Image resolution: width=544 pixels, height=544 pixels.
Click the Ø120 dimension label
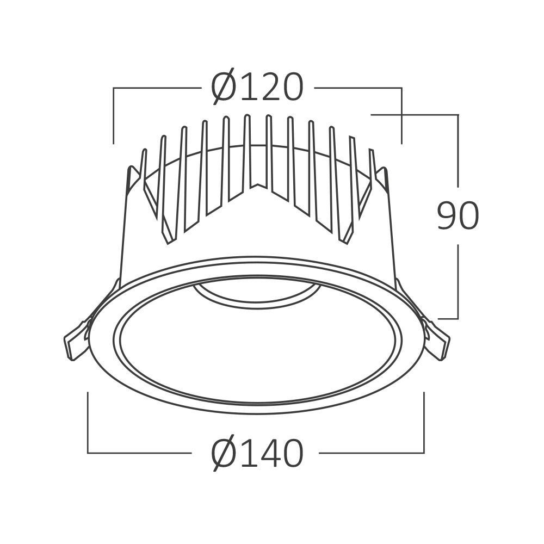(257, 88)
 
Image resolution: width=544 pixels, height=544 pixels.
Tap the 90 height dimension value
(458, 216)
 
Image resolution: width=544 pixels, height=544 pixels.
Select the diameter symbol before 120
(224, 88)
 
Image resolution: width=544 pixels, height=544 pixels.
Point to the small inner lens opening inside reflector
(256, 294)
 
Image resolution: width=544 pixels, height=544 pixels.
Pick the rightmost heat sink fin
(373, 169)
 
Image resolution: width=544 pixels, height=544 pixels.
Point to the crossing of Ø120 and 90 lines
(401, 115)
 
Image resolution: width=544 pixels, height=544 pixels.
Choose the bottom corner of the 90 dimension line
(458, 318)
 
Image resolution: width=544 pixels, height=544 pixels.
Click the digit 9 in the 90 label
(447, 216)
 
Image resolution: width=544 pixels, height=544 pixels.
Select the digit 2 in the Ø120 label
(264, 88)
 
